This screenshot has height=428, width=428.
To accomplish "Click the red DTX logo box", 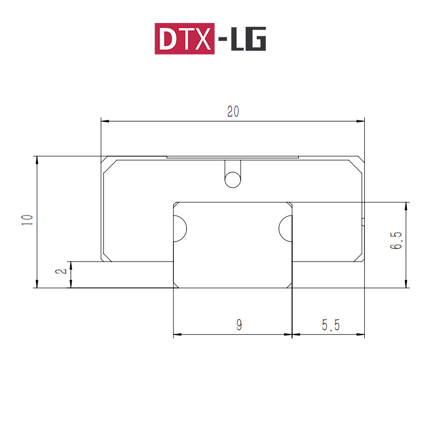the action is point(185,39).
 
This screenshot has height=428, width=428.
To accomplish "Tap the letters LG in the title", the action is point(248,39).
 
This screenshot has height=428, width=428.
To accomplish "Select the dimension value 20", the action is point(233,112).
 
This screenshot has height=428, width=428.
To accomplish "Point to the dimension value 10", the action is point(27,220).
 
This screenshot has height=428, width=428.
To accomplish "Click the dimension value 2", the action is point(61,271).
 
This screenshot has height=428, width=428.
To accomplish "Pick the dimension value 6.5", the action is point(396,240).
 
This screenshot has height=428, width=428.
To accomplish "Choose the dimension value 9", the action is point(239,325).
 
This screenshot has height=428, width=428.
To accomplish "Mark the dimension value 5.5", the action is point(331,325).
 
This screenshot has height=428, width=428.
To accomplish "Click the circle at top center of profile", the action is point(233,180).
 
